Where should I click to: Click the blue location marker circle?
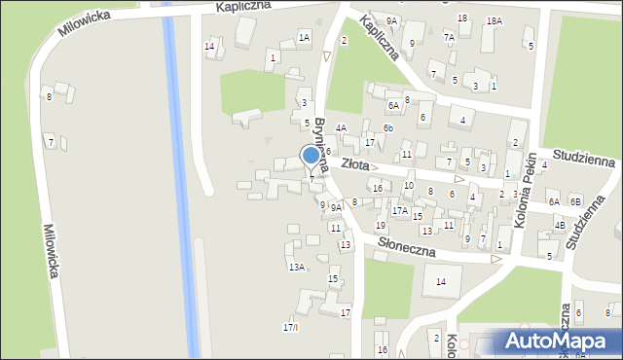point(311,155)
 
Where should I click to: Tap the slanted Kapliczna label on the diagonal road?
point(379,37)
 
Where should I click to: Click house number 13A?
point(296,267)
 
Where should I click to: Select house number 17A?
point(399,210)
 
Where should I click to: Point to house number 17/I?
point(290,327)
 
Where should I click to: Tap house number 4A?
point(341,127)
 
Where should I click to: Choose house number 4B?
point(560,226)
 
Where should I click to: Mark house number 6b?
point(387,127)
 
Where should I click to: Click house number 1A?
point(304,37)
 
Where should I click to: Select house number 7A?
point(449,37)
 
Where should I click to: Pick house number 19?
point(381,225)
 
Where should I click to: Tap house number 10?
point(409,185)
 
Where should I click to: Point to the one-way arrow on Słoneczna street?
point(495,259)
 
